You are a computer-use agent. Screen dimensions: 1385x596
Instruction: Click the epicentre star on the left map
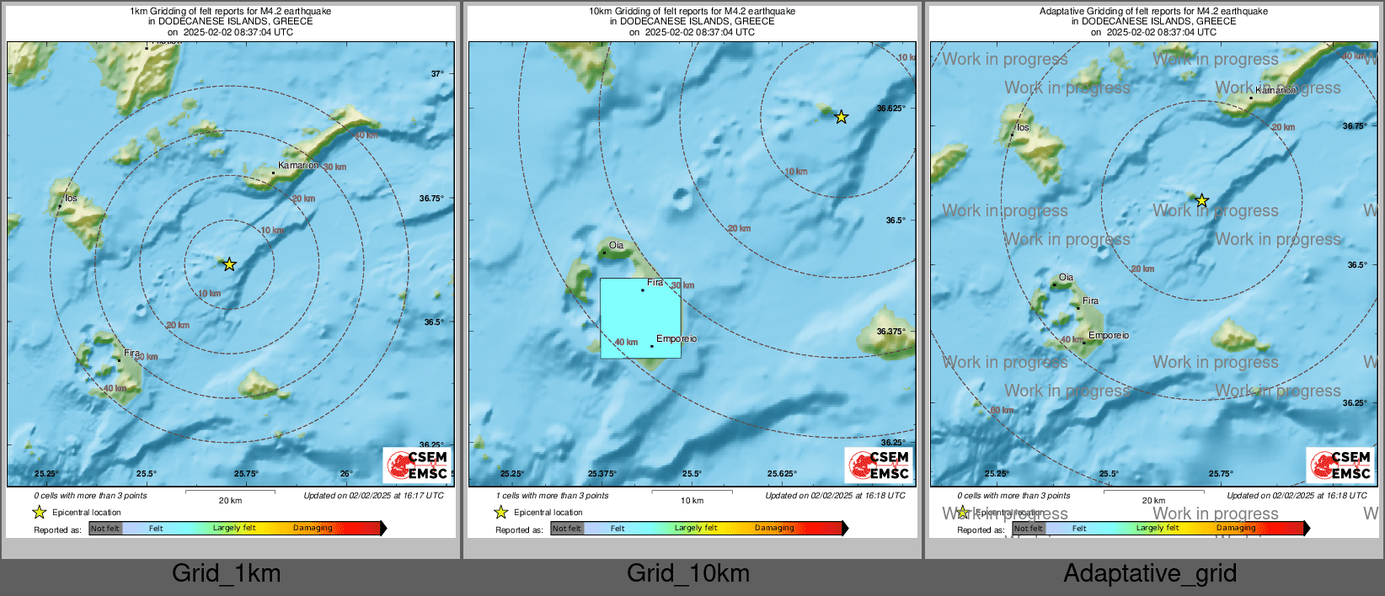229,264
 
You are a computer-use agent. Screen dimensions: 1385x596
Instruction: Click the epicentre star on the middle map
841,117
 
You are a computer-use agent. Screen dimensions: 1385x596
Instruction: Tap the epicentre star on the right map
1202,201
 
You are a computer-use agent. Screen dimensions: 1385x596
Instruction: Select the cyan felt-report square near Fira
640,318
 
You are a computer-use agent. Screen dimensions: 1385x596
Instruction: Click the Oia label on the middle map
616,246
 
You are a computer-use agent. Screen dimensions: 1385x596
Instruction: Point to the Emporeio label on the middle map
676,339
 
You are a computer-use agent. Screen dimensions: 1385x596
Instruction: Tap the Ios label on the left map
72,199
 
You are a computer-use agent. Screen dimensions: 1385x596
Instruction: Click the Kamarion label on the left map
298,166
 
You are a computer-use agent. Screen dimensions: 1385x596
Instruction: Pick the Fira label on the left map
131,354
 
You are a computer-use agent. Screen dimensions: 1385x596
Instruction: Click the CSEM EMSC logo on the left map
418,465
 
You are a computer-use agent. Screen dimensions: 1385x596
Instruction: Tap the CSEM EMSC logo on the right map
1340,465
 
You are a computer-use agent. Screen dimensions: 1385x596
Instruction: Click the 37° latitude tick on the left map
437,74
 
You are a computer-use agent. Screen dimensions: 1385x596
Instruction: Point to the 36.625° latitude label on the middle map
891,109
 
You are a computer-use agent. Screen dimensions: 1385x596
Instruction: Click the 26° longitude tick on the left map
346,474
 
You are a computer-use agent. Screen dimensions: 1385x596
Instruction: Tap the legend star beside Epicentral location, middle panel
501,512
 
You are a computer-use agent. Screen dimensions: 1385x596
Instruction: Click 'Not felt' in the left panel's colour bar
105,529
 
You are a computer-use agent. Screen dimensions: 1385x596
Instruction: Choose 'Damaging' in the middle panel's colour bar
774,529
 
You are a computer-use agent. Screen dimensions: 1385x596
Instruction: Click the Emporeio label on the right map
1109,336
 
